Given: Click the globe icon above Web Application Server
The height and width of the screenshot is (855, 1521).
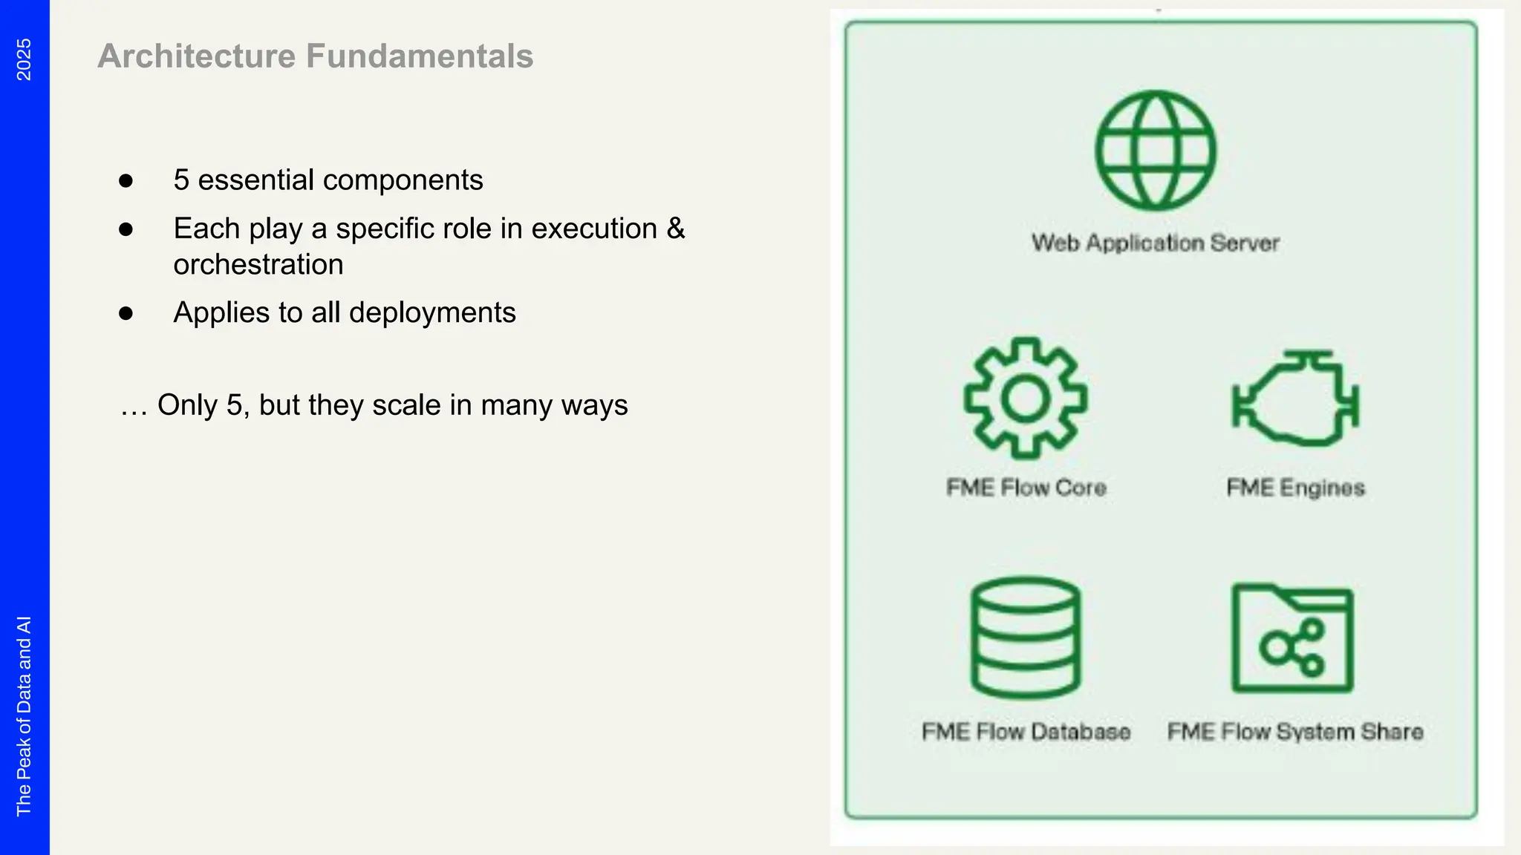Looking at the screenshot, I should pos(1156,151).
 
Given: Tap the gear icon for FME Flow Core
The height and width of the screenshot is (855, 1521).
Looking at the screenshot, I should pos(1026,399).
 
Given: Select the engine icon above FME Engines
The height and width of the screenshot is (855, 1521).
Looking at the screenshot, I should pos(1295,399).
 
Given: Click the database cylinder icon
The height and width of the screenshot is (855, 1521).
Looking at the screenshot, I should pos(1026,638).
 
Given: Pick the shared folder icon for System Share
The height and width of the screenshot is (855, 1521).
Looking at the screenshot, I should pos(1292,639).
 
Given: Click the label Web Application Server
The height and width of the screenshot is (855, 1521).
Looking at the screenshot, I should pos(1156,243).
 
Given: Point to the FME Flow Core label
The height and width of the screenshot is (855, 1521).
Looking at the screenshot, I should pos(1026,488).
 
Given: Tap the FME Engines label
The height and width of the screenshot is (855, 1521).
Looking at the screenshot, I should pos(1295,488).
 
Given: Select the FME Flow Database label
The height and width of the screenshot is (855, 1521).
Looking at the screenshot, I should pos(1026,732).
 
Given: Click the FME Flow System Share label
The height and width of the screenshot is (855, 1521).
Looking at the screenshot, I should pos(1295,732).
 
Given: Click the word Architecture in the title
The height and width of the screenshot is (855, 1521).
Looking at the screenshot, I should pos(197,56).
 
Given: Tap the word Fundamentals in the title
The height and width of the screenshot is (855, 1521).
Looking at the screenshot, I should pos(420,56).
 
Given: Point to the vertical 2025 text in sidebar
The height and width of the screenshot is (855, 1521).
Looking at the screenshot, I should pos(24,59).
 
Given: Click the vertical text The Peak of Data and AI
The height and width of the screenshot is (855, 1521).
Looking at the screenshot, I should pos(24,716).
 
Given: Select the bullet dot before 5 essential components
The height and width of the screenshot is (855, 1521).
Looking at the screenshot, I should pos(126,181).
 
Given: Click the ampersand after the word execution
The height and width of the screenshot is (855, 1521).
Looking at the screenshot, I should pos(675,229).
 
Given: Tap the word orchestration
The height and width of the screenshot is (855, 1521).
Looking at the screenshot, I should pos(258,265).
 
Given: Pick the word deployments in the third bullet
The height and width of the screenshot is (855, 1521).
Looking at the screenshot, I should pos(432,312).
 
